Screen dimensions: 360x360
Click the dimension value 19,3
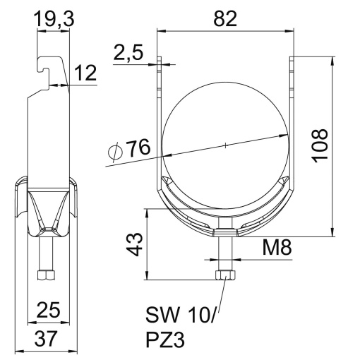(x=54, y=22)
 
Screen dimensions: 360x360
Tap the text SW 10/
(x=179, y=312)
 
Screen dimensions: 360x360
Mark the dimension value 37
(x=47, y=340)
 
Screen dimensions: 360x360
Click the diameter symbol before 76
(x=115, y=150)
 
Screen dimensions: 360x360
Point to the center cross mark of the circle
(x=224, y=145)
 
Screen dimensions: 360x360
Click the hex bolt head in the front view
(x=224, y=274)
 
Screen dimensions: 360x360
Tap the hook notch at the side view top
(x=47, y=68)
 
